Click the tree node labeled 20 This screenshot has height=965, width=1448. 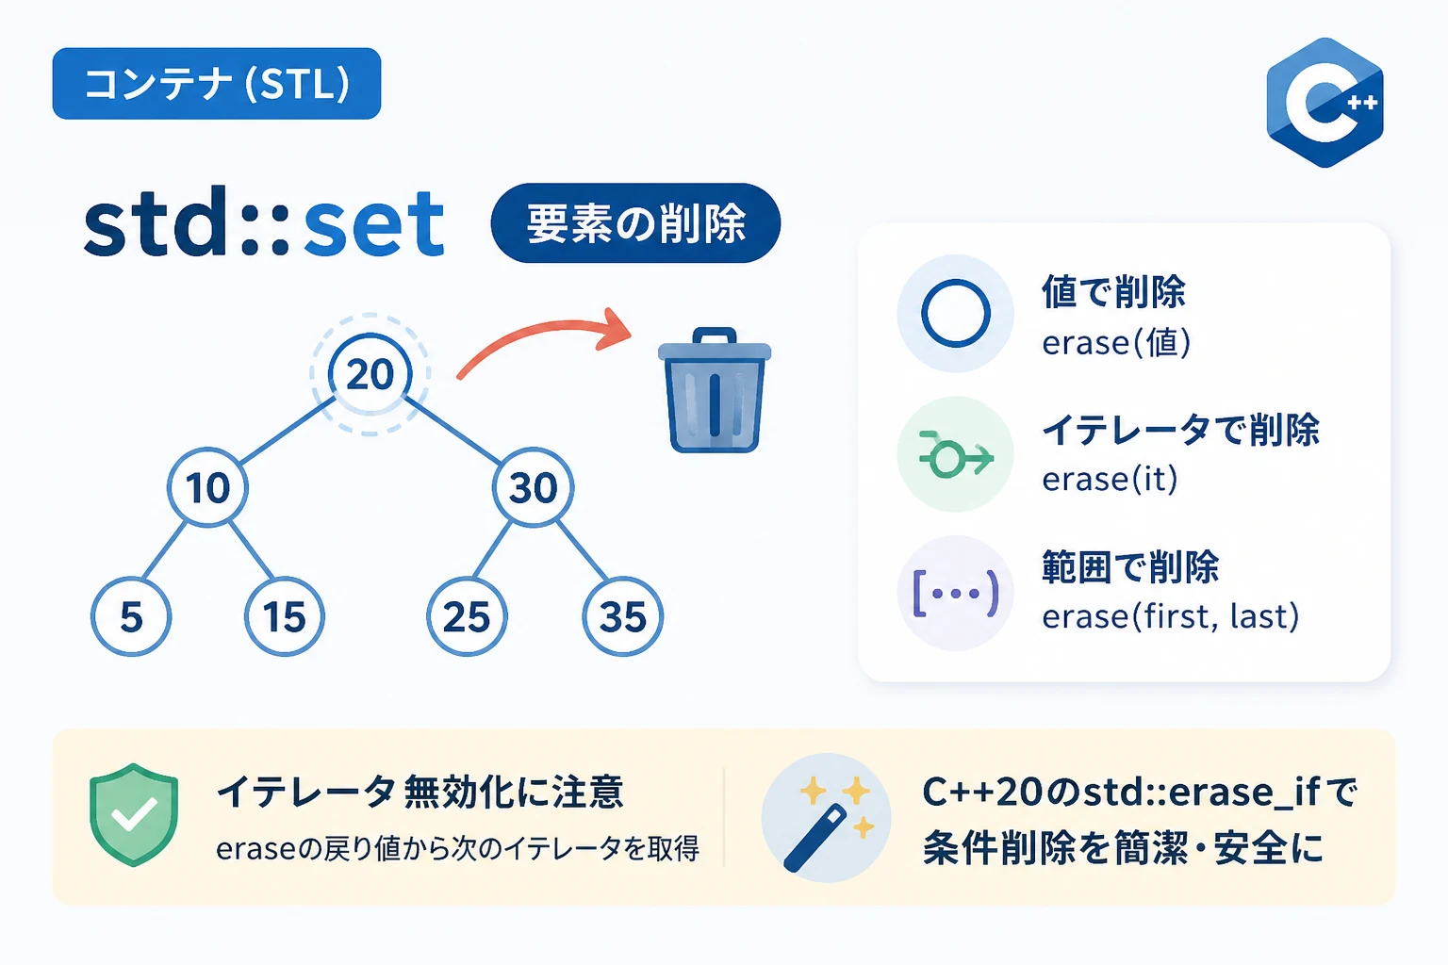370,374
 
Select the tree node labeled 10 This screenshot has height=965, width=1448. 207,486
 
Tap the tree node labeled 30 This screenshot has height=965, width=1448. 533,486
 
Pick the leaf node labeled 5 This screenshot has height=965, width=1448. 131,616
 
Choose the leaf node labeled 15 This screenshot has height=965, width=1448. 285,616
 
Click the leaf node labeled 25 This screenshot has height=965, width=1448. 467,616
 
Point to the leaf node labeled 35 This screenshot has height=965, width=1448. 622,616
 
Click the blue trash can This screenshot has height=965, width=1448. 715,390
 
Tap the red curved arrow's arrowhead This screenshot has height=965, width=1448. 613,330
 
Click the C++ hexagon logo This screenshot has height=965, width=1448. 1325,103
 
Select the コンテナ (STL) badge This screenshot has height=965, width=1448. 217,83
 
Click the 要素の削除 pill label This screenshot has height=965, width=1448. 635,223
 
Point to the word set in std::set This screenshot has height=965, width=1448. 373,224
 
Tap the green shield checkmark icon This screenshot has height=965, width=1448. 134,814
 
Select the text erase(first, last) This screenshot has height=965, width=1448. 1170,616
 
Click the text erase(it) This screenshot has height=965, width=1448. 1110,479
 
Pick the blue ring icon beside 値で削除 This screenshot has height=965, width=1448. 955,314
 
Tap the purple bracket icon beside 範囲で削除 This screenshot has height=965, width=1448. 955,592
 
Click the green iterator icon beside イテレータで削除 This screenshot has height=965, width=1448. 955,455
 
